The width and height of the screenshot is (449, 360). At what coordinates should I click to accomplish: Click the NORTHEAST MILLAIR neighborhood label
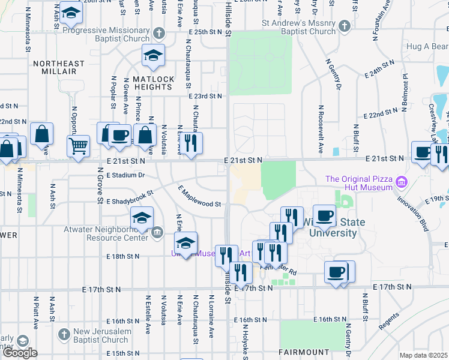[59, 67]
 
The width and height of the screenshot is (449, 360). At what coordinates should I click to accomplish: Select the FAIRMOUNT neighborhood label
[304, 352]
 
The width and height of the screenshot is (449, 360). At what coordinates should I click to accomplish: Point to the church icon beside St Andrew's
[345, 26]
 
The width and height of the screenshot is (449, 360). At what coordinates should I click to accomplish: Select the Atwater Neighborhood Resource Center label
[106, 233]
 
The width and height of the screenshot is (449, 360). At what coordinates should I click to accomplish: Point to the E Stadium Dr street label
[125, 176]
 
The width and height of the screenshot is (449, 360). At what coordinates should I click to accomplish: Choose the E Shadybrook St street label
[130, 198]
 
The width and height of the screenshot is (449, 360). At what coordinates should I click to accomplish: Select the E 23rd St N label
[205, 96]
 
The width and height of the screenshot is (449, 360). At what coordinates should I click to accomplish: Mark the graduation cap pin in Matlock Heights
[152, 55]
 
